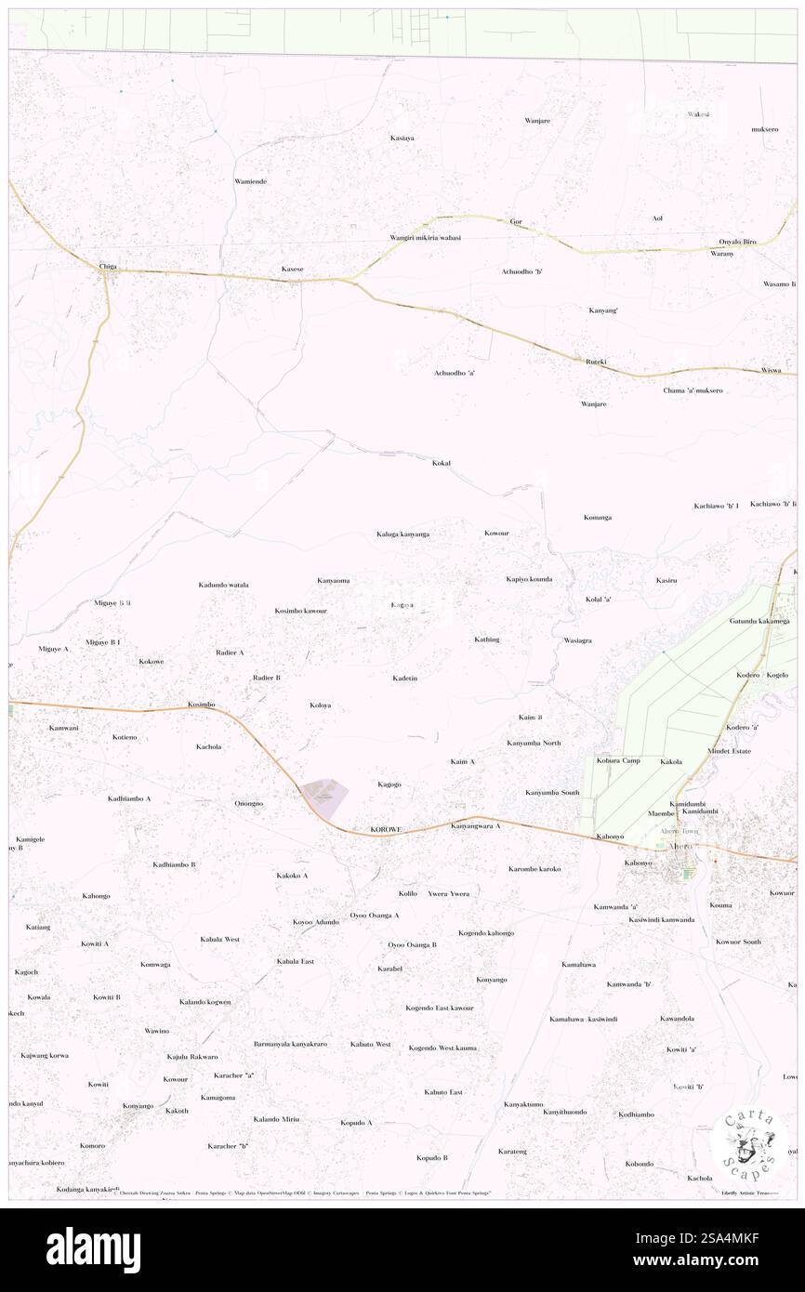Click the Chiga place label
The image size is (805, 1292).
[x=107, y=267]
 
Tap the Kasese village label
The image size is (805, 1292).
[x=293, y=270]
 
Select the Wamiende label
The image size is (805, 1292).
[x=250, y=181]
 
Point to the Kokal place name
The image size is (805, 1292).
[x=442, y=462]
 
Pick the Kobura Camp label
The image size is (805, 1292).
[x=618, y=760]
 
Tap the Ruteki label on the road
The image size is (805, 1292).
[x=596, y=361]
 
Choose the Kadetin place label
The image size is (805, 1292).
[x=404, y=679]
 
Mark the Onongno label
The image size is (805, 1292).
[x=249, y=803]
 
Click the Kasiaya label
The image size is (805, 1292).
[x=402, y=138]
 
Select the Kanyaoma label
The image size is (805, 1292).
[x=333, y=581]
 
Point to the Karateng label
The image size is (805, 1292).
[x=512, y=1151]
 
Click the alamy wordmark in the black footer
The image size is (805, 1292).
[x=93, y=1250]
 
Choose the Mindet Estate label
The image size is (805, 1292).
[x=729, y=750]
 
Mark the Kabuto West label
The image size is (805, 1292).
[x=370, y=1044]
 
